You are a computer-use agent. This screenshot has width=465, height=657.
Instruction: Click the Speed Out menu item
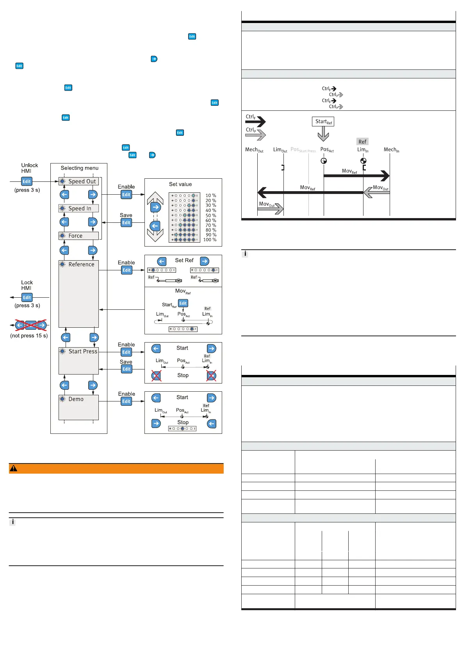click(82, 181)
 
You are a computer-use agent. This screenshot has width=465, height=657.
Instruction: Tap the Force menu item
click(75, 236)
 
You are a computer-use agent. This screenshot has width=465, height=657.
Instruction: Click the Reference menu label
click(81, 265)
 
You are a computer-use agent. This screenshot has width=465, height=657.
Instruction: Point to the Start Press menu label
click(83, 352)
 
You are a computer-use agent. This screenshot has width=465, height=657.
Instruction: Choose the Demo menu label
click(76, 399)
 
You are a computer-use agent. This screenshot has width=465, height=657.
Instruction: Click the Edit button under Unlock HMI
click(27, 181)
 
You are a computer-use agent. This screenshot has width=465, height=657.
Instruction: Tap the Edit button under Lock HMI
click(27, 298)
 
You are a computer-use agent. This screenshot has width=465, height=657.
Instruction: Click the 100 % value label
click(210, 240)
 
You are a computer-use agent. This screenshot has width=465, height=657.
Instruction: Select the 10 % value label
click(211, 195)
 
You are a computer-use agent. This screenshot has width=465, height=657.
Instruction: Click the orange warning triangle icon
click(14, 469)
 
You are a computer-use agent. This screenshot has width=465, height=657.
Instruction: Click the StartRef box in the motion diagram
click(323, 122)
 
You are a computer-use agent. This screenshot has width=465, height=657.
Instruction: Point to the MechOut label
click(254, 150)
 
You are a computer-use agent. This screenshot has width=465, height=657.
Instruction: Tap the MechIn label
click(391, 150)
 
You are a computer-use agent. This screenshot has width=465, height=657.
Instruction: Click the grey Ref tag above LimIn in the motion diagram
click(362, 142)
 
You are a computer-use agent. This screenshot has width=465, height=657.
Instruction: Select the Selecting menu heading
click(80, 168)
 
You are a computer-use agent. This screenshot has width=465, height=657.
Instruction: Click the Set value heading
click(180, 184)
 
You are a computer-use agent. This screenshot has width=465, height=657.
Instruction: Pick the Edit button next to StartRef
click(183, 303)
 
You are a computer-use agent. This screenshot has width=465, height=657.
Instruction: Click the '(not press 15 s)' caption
click(29, 336)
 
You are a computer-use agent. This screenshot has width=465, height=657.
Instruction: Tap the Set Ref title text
click(184, 260)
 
